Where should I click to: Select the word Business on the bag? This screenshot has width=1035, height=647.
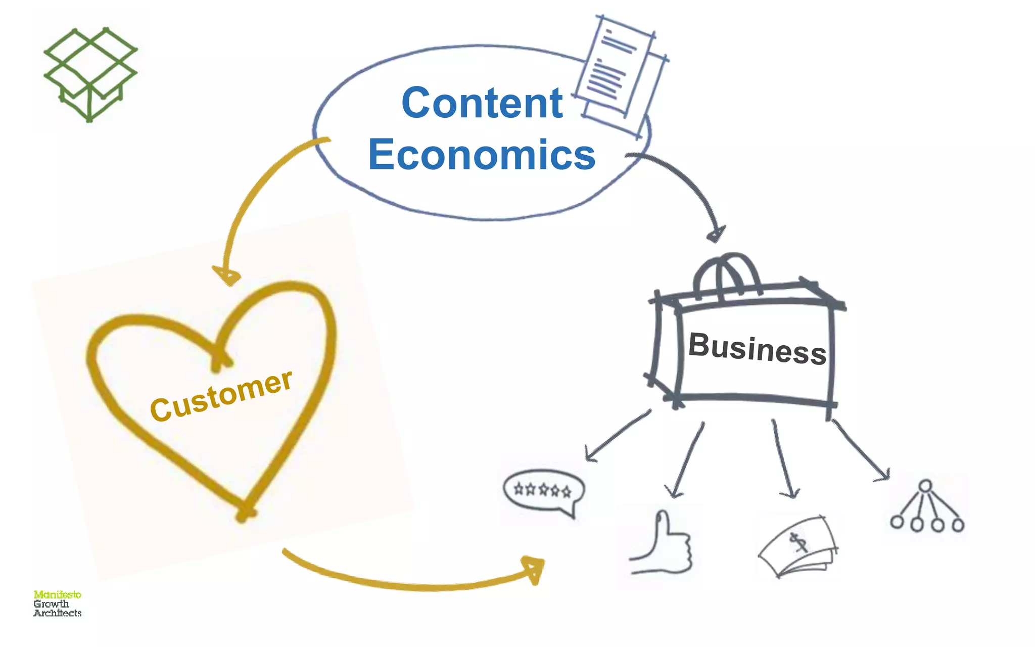(757, 349)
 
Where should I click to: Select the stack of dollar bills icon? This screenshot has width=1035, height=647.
(798, 548)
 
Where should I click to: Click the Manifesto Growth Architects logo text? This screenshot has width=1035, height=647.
(57, 604)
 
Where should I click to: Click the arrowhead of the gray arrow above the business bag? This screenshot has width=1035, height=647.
(717, 234)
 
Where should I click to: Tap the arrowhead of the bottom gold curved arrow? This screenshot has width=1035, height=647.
(535, 570)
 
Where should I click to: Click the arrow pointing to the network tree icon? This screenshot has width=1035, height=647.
(862, 450)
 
